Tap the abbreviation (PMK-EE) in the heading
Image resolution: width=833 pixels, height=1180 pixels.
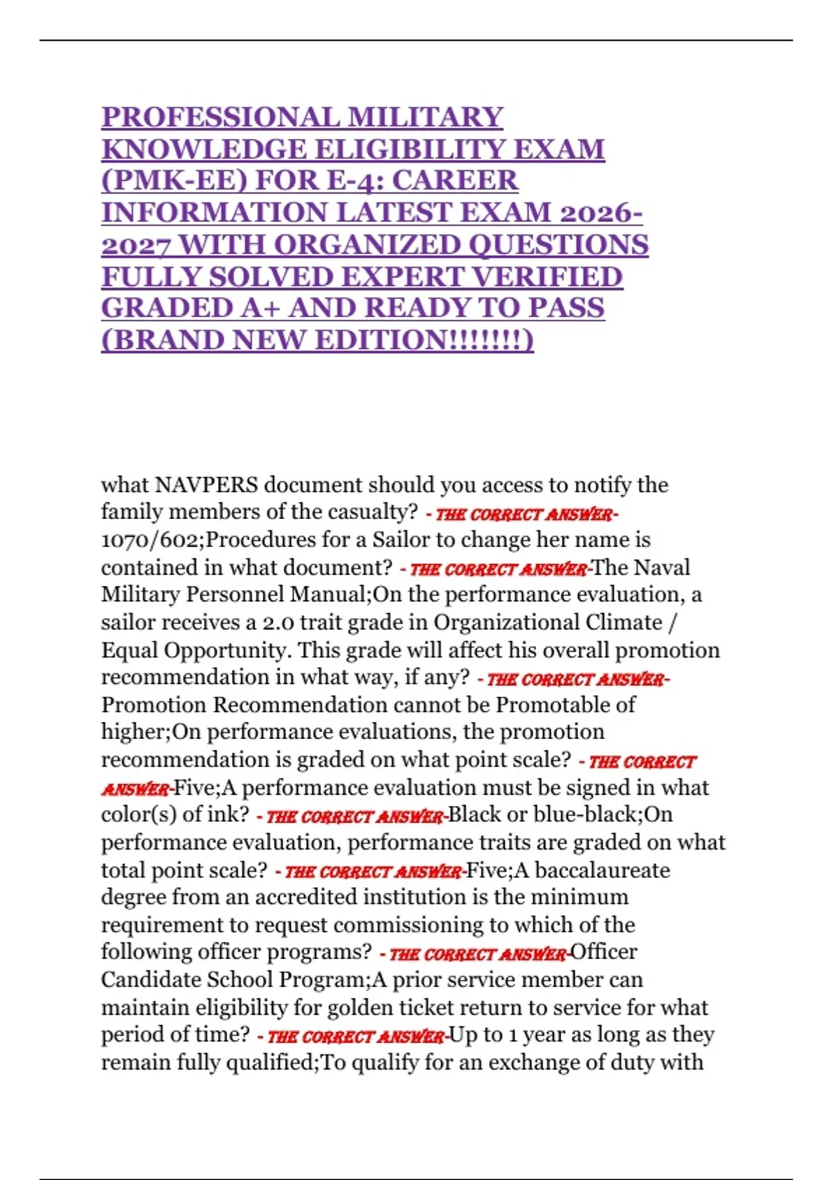174,180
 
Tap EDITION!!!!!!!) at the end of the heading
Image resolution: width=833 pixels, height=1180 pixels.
425,340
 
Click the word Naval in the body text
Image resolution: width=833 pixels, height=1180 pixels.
663,567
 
